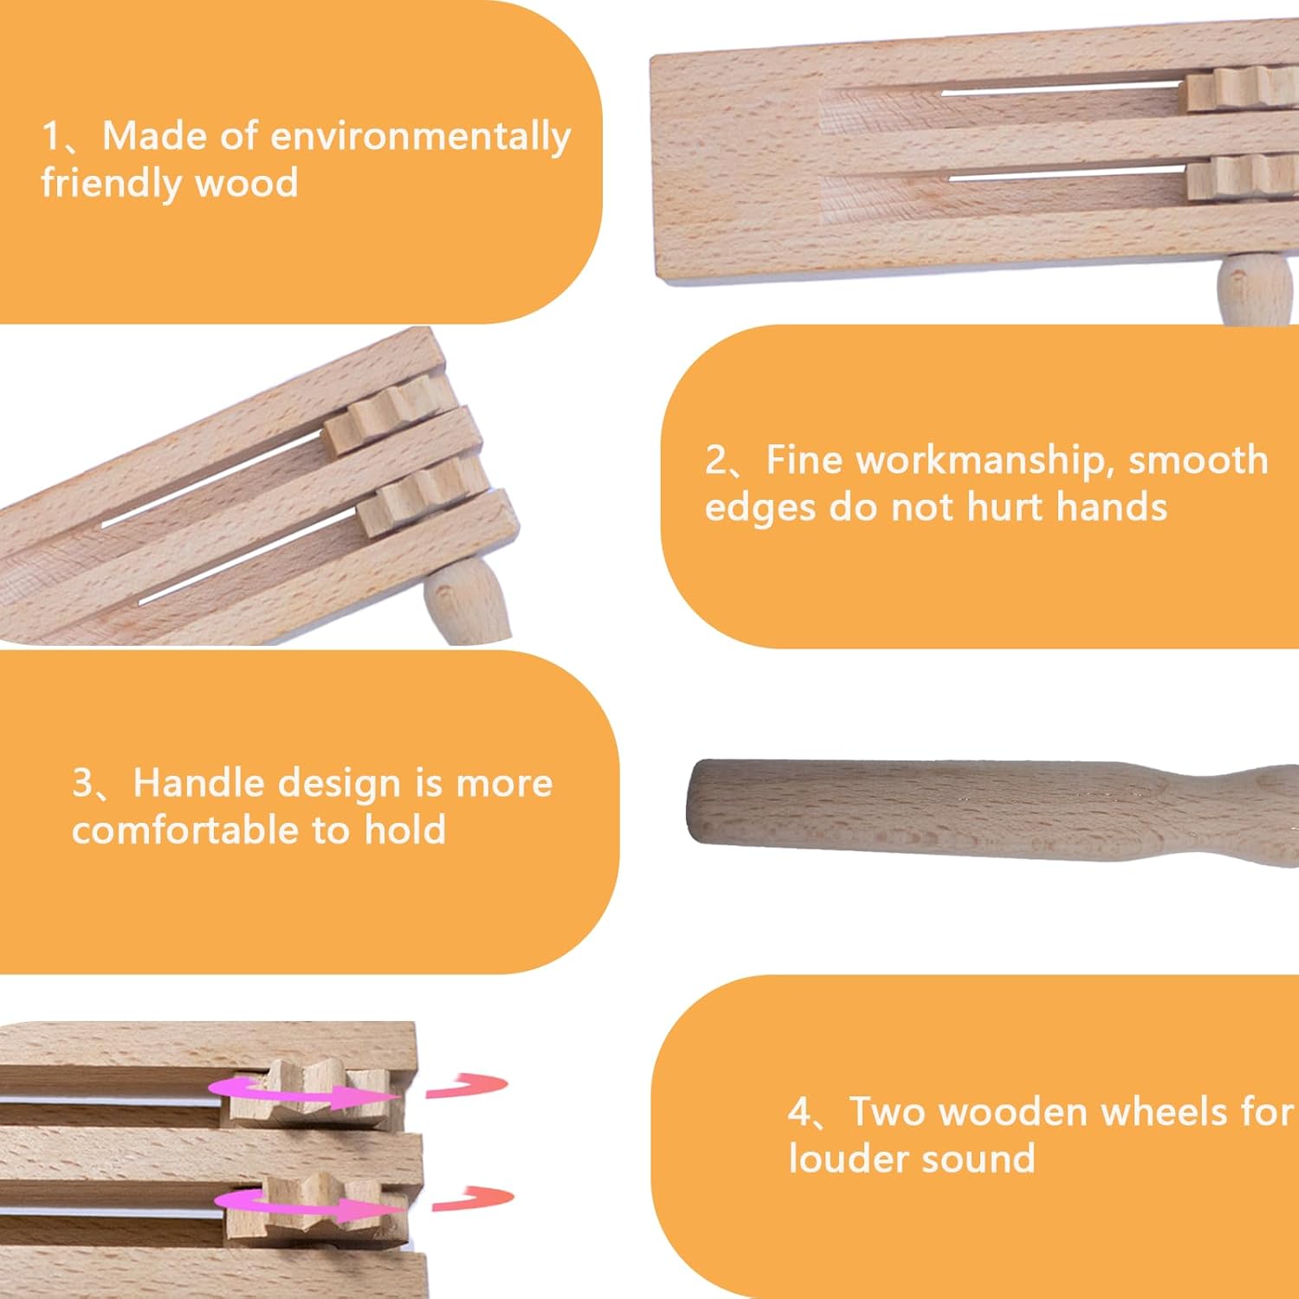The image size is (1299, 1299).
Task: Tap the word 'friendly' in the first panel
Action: click(x=107, y=184)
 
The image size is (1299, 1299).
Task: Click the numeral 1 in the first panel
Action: click(x=51, y=137)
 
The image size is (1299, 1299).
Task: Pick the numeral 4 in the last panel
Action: click(x=798, y=1112)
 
